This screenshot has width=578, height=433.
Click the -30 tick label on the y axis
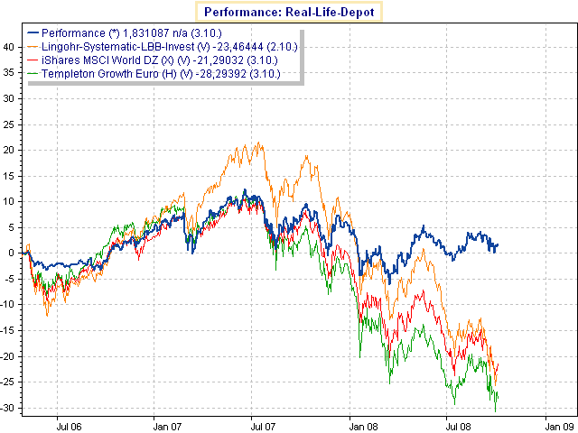[x=7, y=408]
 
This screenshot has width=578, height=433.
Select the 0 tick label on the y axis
[x=11, y=253]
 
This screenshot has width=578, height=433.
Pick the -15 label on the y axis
[x=7, y=330]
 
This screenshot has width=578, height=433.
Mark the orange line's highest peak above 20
[x=259, y=142]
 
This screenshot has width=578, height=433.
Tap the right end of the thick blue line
[x=498, y=244]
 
